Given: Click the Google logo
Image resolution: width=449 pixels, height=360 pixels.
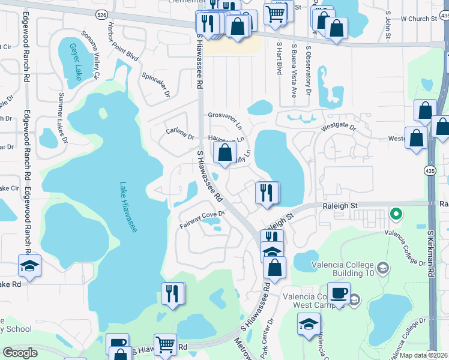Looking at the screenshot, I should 20,352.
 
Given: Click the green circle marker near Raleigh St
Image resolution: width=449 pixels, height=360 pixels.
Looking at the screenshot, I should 395,213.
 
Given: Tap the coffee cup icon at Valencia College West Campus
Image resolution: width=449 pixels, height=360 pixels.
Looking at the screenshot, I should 339,293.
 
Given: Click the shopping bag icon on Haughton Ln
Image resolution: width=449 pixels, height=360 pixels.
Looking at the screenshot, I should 224,152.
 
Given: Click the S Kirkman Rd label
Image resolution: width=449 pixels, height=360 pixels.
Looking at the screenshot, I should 431,251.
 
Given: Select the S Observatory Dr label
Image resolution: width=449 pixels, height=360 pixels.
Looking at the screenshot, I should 308,71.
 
